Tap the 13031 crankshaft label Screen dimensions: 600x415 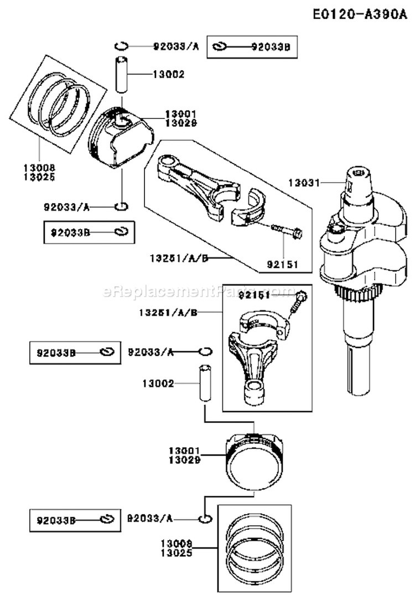(x=303, y=180)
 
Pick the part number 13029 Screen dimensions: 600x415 (x=178, y=459)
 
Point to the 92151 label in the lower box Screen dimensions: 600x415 (x=253, y=296)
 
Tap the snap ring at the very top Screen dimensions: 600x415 (x=122, y=46)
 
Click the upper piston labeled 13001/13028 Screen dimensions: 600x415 (x=121, y=137)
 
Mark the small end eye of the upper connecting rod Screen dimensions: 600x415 (x=165, y=163)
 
